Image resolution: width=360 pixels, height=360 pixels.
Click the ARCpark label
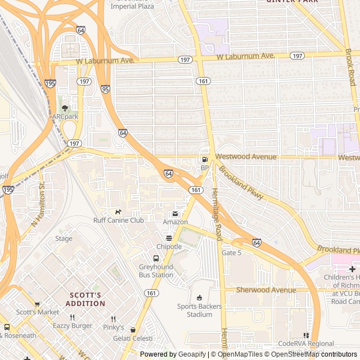tap(65, 116)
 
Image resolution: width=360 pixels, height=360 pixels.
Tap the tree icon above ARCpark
tap(65, 107)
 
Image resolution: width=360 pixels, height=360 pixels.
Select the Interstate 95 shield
tap(105, 89)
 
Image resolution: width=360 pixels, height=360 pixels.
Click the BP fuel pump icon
tap(204, 160)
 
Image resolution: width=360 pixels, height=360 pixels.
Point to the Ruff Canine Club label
tap(118, 220)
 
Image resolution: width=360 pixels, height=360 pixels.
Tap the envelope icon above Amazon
tap(175, 214)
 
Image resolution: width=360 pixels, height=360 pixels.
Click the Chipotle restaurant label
tap(169, 246)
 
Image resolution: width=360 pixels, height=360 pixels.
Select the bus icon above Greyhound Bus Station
tap(156, 259)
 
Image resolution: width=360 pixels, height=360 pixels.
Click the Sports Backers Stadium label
tap(199, 310)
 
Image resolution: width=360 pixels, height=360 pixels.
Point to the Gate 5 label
tap(231, 253)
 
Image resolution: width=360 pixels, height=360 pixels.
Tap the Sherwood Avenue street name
tap(265, 290)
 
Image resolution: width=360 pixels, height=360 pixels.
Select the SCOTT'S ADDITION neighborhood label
tap(86, 299)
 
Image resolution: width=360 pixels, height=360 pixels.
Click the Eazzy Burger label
tap(72, 326)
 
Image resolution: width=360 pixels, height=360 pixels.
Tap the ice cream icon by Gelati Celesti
tap(133, 330)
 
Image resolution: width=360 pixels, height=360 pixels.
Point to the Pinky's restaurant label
tap(113, 327)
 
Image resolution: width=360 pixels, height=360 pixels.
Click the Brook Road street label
tap(350, 67)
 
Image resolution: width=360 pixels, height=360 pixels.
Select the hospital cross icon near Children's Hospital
tap(352, 269)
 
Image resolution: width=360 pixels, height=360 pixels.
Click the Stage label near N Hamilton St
tap(64, 238)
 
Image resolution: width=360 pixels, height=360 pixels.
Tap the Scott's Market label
tap(37, 312)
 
